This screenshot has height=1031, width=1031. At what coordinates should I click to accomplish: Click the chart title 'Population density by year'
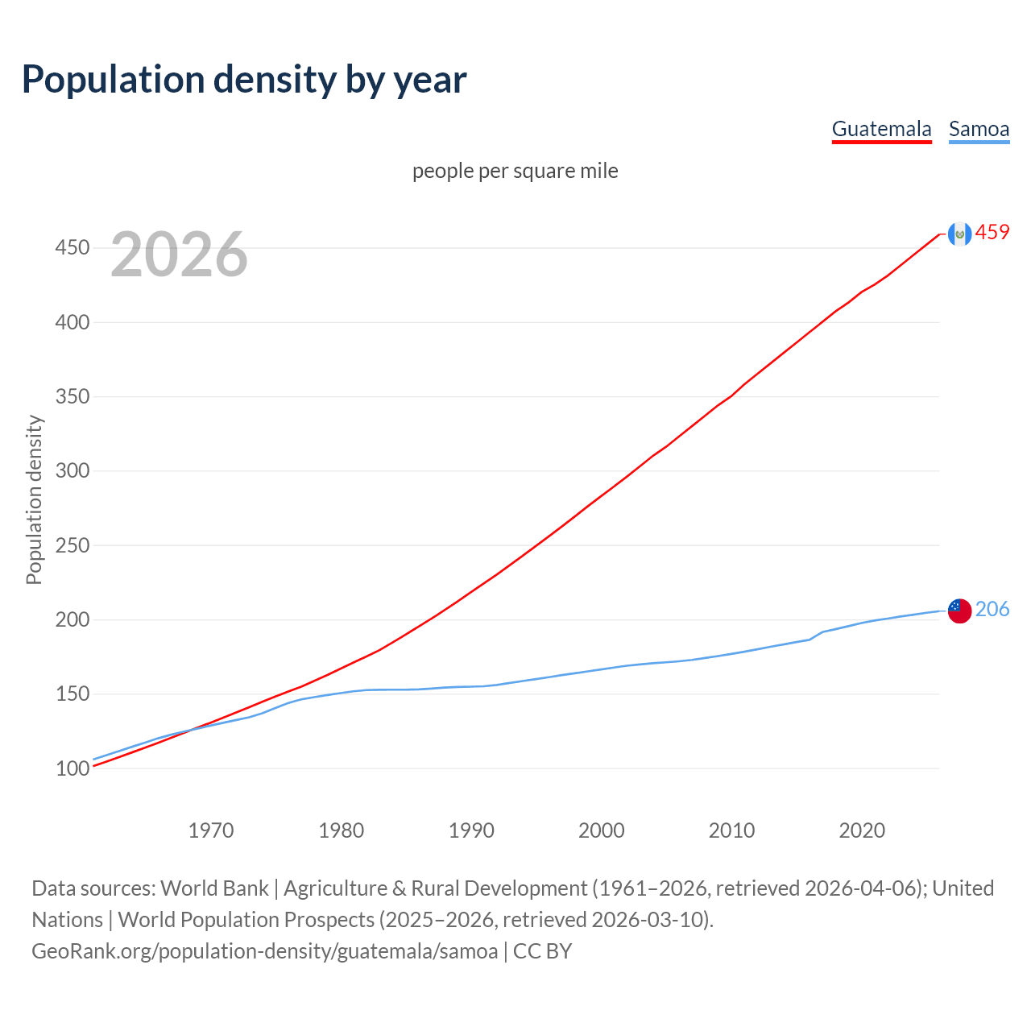[x=244, y=79]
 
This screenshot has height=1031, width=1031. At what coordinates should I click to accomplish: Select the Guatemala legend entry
[x=881, y=129]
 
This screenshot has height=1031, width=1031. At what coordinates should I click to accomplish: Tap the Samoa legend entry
[x=979, y=129]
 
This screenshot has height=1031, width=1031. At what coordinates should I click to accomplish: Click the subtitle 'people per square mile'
[x=515, y=171]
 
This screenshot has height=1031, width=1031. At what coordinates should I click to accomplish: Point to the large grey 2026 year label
[x=179, y=255]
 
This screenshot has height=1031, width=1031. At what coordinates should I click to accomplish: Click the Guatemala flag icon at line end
[x=959, y=234]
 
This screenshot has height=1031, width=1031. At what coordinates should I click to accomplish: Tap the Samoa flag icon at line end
[x=959, y=611]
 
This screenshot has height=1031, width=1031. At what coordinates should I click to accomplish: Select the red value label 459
[x=992, y=233]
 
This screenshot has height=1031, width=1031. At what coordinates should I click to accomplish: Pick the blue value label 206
[x=992, y=610]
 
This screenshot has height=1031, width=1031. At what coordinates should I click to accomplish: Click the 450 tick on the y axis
[x=72, y=248]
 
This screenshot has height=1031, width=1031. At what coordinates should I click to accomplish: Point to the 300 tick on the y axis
[x=72, y=471]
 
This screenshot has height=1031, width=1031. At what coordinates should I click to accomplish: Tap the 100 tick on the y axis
[x=72, y=769]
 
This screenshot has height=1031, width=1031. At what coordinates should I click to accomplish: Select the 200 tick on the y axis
[x=72, y=620]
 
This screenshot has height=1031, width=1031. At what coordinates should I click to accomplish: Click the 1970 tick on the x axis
[x=211, y=830]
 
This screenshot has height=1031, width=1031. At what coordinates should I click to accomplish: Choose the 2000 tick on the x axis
[x=602, y=830]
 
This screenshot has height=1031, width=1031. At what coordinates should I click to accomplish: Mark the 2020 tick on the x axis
[x=862, y=830]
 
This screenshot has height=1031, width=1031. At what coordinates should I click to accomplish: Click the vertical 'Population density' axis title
[x=34, y=499]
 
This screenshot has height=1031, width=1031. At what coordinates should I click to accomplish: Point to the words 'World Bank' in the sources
[x=214, y=888]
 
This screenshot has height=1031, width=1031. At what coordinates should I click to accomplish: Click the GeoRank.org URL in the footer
[x=264, y=951]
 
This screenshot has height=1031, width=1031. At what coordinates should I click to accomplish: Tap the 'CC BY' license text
[x=542, y=951]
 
